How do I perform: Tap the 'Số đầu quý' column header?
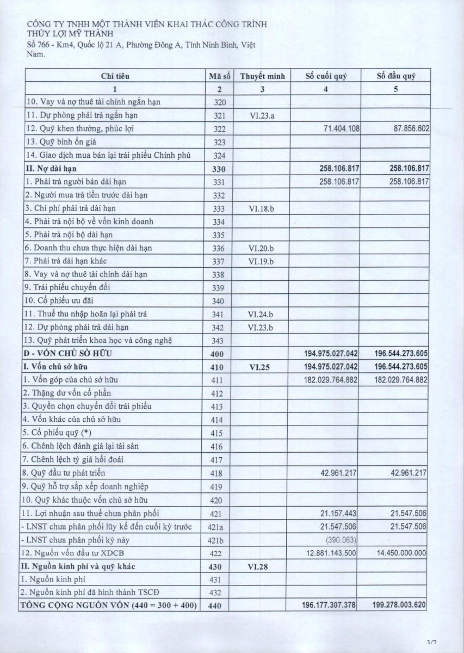pyautogui.click(x=396, y=76)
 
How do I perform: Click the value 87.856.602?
pyautogui.click(x=407, y=129)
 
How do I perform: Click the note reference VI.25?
pyautogui.click(x=261, y=367)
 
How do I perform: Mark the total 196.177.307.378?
pyautogui.click(x=329, y=606)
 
